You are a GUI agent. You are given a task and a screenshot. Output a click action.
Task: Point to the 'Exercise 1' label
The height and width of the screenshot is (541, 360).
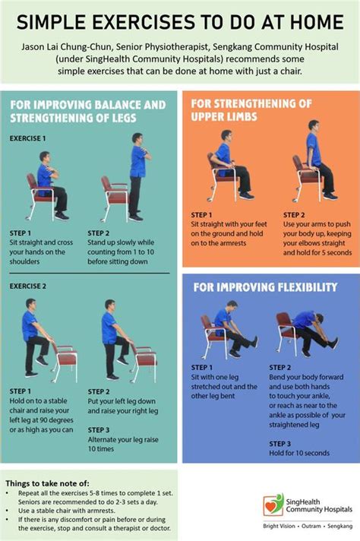27,139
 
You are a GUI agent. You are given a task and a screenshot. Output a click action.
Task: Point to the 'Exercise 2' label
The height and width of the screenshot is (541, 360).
27,286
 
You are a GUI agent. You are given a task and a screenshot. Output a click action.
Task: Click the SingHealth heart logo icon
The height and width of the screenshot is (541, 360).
267,505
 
